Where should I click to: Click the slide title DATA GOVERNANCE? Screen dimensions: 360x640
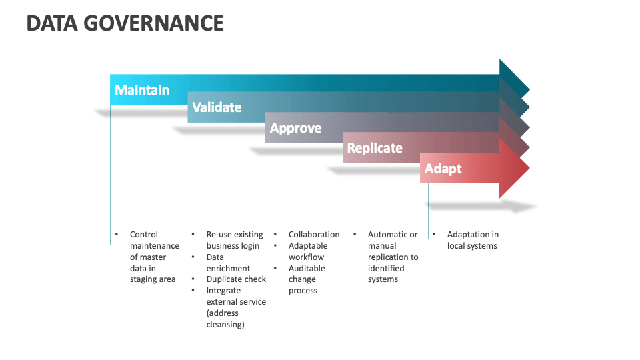click(x=125, y=23)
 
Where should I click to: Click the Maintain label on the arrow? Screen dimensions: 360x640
click(x=141, y=90)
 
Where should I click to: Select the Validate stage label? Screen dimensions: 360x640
click(x=217, y=107)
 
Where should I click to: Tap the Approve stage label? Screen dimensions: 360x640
click(x=295, y=128)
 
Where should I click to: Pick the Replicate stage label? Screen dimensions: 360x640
click(x=375, y=148)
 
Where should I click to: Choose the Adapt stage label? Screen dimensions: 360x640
click(x=443, y=169)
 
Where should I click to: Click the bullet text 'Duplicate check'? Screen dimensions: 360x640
click(x=236, y=279)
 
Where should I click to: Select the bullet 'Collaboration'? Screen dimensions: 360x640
click(x=313, y=235)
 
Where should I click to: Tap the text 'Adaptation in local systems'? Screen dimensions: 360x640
click(x=472, y=240)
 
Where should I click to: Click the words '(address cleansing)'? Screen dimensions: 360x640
click(x=225, y=319)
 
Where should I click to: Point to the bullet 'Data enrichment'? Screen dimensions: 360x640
click(x=228, y=263)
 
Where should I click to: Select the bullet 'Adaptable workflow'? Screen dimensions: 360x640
click(x=307, y=251)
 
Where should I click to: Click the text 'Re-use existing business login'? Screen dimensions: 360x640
click(x=234, y=240)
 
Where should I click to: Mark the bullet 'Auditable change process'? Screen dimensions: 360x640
click(x=307, y=279)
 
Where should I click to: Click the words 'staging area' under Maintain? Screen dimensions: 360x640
click(x=153, y=279)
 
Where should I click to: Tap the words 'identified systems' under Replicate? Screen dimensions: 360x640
click(x=385, y=274)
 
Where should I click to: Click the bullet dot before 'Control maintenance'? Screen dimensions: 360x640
click(x=116, y=235)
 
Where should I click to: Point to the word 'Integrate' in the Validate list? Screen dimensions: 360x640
click(x=223, y=291)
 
